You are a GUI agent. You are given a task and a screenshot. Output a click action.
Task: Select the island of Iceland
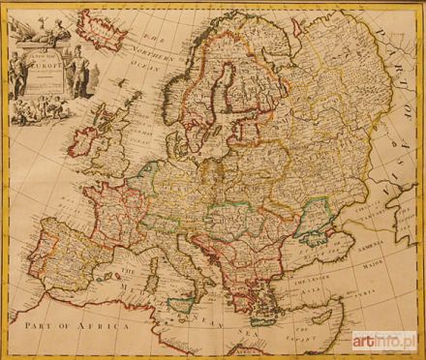[102, 25]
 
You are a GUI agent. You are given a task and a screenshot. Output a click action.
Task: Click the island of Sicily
[187, 299]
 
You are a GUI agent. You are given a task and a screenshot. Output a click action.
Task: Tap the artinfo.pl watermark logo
[383, 342]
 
